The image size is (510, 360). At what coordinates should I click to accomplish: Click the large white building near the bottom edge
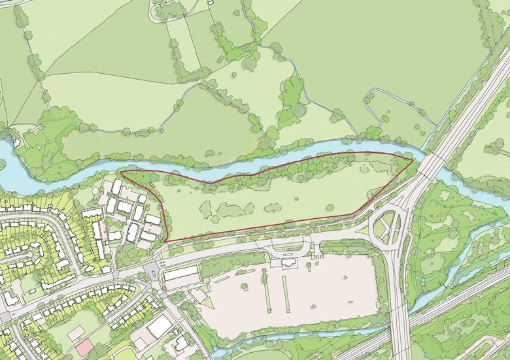(x=160, y=327)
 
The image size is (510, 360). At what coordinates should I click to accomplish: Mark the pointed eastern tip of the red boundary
(x=413, y=159)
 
